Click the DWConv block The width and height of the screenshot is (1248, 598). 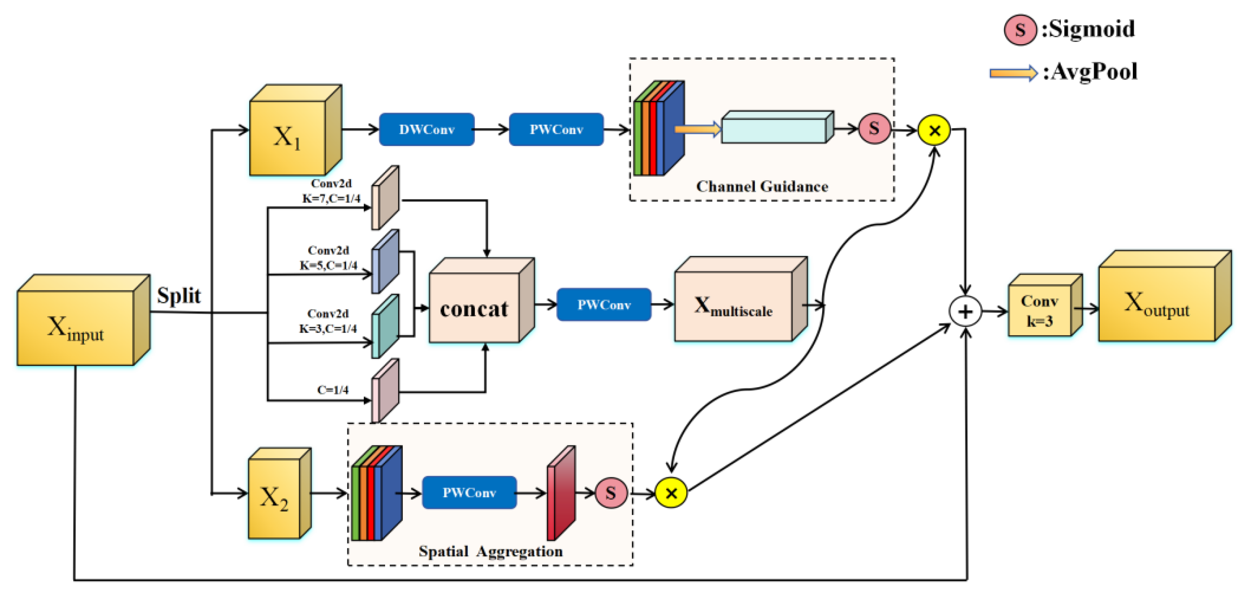click(426, 129)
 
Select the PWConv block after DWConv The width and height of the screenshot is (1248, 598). click(556, 129)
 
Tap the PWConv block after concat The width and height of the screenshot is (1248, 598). click(604, 304)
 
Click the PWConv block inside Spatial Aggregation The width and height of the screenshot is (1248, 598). click(469, 492)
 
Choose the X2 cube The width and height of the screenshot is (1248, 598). click(275, 498)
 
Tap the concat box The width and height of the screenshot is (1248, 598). click(474, 308)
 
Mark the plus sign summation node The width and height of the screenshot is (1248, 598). click(966, 311)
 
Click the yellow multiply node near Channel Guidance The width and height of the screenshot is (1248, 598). click(934, 130)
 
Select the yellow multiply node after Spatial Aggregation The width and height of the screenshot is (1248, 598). click(671, 493)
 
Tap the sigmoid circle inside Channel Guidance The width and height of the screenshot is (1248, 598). click(874, 128)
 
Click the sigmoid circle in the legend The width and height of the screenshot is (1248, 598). click(1020, 29)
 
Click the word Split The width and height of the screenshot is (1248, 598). click(179, 295)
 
